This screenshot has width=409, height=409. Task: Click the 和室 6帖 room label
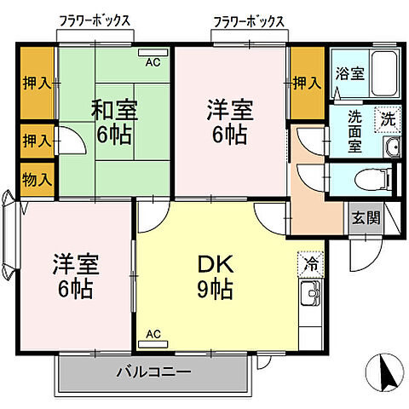click(115, 122)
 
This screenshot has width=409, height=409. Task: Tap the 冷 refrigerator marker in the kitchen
click(310, 264)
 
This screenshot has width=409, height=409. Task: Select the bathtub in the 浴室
click(388, 72)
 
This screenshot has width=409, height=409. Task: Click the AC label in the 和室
click(153, 62)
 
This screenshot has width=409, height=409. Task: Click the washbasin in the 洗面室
click(392, 147)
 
